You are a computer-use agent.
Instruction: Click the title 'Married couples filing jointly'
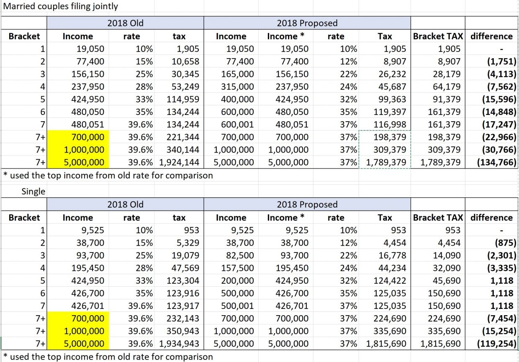pos(61,6)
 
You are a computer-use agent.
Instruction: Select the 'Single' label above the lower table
pos(33,191)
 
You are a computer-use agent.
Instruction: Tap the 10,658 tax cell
pos(185,61)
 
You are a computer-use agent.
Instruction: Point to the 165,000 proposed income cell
pos(237,74)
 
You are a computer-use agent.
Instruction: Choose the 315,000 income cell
pos(237,87)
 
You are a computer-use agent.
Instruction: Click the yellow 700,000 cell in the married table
pos(87,137)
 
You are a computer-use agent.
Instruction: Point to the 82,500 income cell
pos(239,255)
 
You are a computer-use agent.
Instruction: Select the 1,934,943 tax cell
pos(179,344)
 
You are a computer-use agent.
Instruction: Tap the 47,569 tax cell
pos(185,268)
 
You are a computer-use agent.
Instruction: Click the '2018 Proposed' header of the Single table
pos(307,204)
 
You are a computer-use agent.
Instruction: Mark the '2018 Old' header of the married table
pos(125,23)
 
